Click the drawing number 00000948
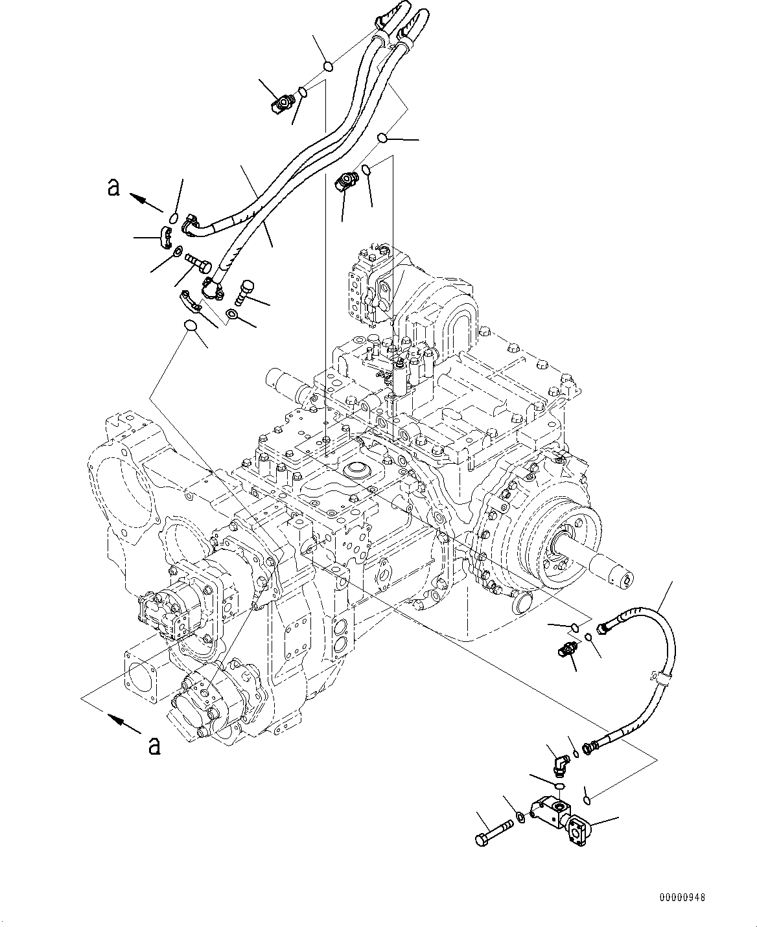[x=682, y=898]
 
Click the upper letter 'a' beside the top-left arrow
[x=114, y=187]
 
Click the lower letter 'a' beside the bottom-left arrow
[x=154, y=746]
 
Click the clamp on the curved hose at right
[x=663, y=680]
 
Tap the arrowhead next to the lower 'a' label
[x=113, y=718]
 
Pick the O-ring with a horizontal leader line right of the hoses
[x=384, y=137]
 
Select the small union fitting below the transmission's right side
[x=566, y=650]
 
